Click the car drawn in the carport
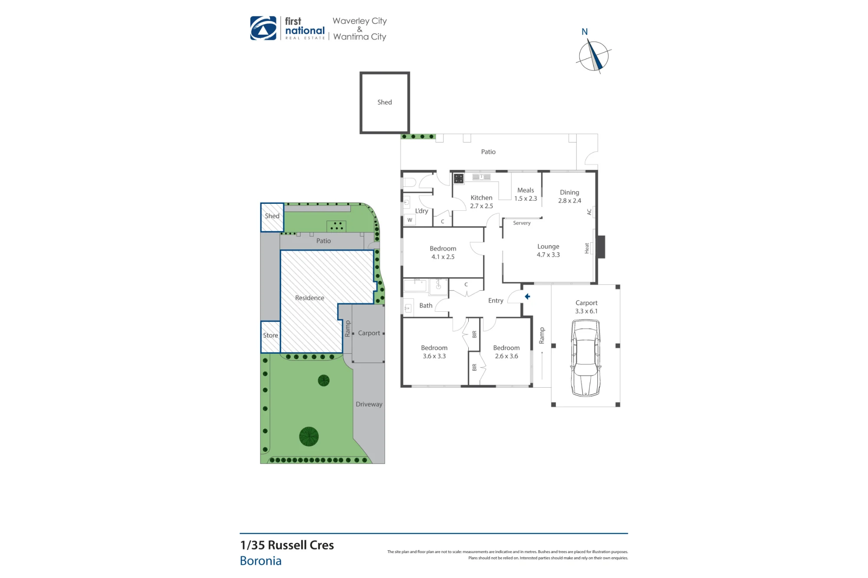pyautogui.click(x=585, y=358)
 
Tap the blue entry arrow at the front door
pyautogui.click(x=527, y=297)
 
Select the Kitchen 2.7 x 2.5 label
pyautogui.click(x=481, y=202)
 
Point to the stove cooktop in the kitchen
pyautogui.click(x=459, y=178)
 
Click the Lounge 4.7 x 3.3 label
pyautogui.click(x=548, y=251)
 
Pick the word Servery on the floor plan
pyautogui.click(x=522, y=223)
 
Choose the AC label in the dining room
pyautogui.click(x=589, y=212)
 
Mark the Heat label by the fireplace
pyautogui.click(x=587, y=248)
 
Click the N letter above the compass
pyautogui.click(x=585, y=32)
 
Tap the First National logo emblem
pyautogui.click(x=263, y=28)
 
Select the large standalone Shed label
pyautogui.click(x=385, y=102)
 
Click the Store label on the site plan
pyautogui.click(x=270, y=335)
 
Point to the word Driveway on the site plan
pyautogui.click(x=369, y=404)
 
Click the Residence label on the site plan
pyautogui.click(x=309, y=298)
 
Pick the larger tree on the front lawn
pyautogui.click(x=309, y=437)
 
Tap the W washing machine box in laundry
pyautogui.click(x=410, y=220)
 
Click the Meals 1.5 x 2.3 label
pyautogui.click(x=526, y=194)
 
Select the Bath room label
pyautogui.click(x=426, y=306)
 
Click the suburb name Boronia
pyautogui.click(x=261, y=561)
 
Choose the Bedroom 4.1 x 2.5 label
pyautogui.click(x=443, y=253)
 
